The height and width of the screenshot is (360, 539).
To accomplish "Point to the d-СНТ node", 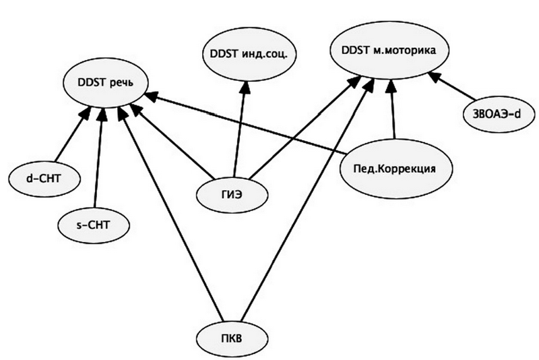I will [44, 178].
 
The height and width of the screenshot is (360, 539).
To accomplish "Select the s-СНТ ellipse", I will [92, 222].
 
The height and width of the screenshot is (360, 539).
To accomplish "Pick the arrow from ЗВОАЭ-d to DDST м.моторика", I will [455, 90].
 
